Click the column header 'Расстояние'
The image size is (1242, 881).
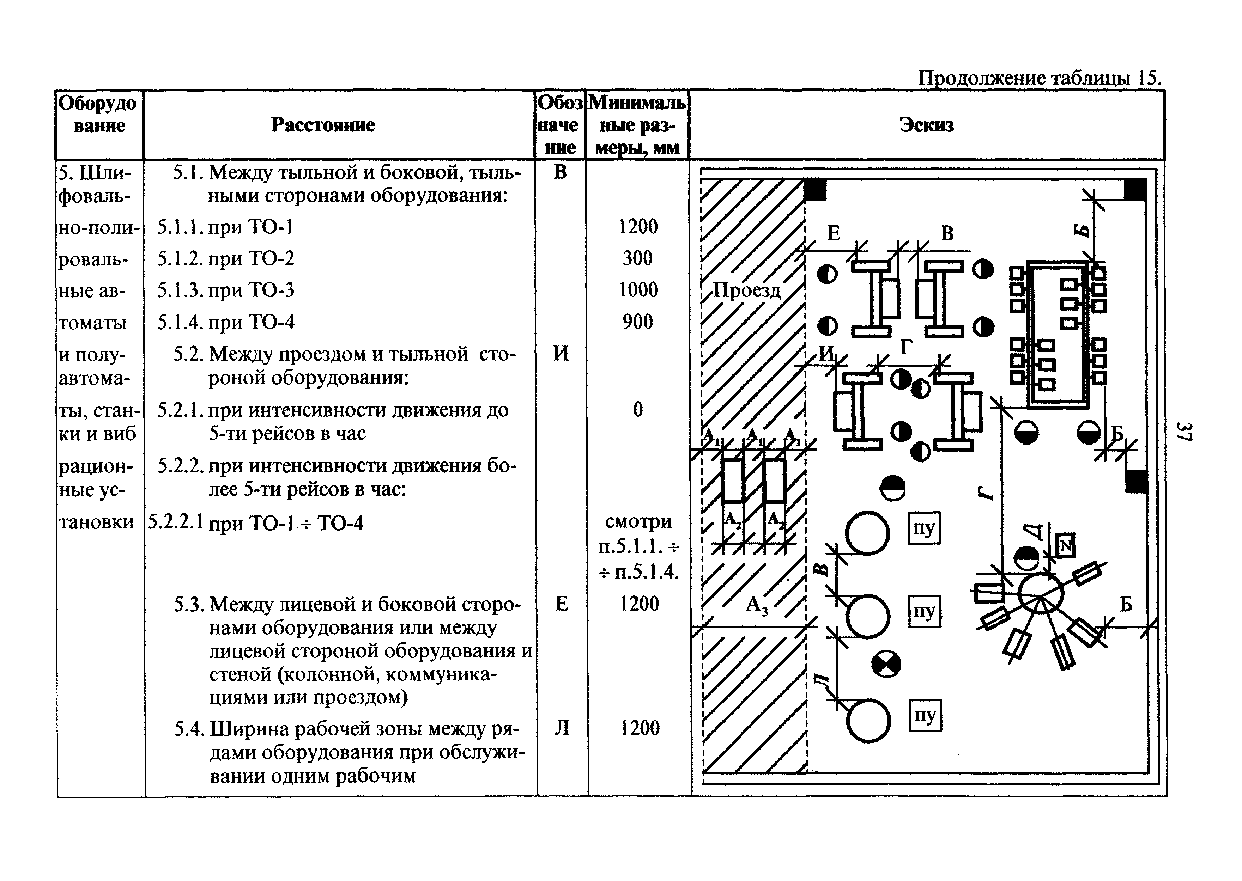[x=323, y=125]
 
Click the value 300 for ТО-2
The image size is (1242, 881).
[x=637, y=258]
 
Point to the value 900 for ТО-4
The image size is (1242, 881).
[x=637, y=322]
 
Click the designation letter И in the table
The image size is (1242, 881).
[x=561, y=354]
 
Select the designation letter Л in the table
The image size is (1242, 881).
[x=562, y=728]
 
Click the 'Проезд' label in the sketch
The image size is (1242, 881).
[x=747, y=291]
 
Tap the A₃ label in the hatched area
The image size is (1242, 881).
[x=757, y=604]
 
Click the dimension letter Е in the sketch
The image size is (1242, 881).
[x=834, y=233]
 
